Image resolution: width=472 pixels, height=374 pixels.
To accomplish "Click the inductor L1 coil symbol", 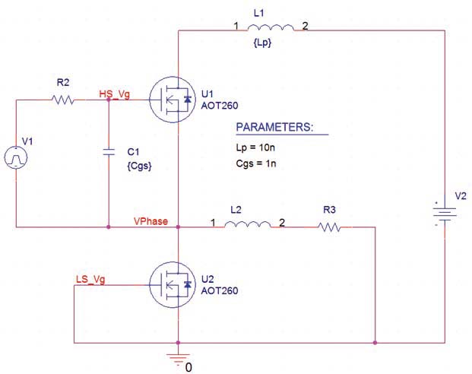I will [x=271, y=29].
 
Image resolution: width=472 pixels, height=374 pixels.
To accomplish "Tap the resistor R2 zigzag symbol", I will [x=62, y=100].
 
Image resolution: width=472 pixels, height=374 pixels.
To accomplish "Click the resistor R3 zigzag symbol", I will [x=329, y=226].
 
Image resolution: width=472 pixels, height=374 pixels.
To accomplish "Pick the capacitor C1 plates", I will [x=109, y=152].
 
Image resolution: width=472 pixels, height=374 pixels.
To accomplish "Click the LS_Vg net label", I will [x=91, y=279].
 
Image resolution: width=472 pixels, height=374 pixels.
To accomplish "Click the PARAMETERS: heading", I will [x=273, y=126].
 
